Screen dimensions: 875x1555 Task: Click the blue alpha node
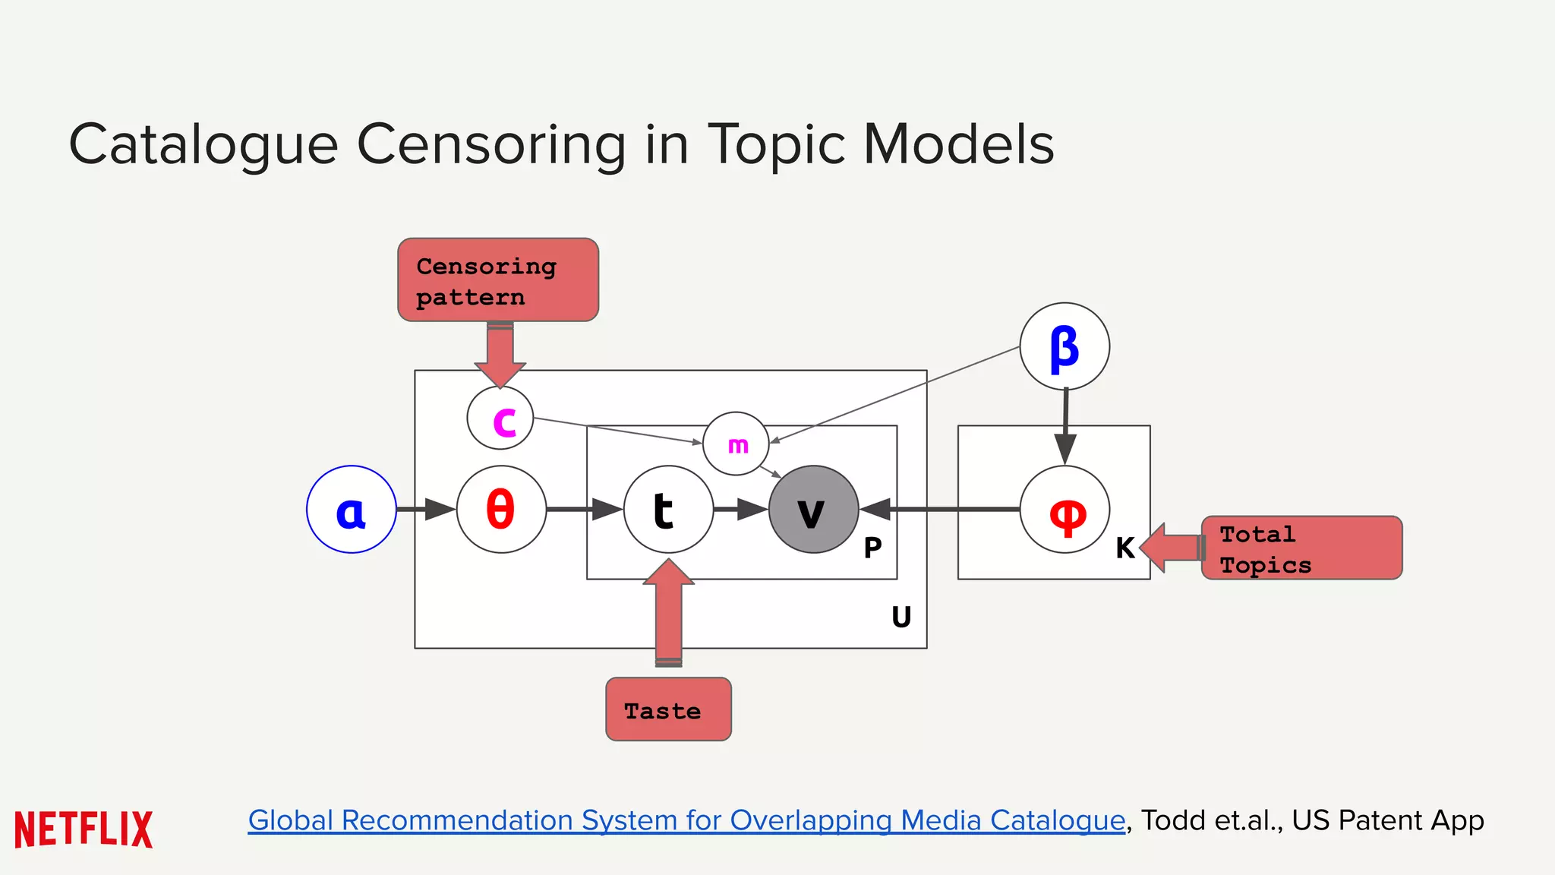point(351,510)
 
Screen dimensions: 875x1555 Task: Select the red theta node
point(501,510)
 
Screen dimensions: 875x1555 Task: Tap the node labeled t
point(667,510)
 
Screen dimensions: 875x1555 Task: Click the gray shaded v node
point(813,510)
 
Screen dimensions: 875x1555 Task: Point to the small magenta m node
point(736,444)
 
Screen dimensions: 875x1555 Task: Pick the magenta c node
point(500,419)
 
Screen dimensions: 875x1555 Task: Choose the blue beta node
point(1065,346)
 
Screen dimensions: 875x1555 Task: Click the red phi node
point(1065,510)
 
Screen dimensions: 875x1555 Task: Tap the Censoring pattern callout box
point(498,280)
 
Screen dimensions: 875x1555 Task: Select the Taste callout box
point(668,709)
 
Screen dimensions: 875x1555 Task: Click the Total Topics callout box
point(1301,548)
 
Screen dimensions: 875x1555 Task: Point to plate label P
point(872,548)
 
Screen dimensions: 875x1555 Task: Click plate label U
point(901,617)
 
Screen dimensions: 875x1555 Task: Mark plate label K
point(1124,548)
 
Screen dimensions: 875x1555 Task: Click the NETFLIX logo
point(84,829)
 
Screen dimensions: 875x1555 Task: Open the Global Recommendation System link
point(686,820)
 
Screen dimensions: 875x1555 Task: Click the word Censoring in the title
point(491,144)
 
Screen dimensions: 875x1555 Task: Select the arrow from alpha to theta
point(426,509)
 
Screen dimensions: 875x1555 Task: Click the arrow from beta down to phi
point(1065,425)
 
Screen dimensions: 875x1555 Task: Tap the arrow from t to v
point(741,509)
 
